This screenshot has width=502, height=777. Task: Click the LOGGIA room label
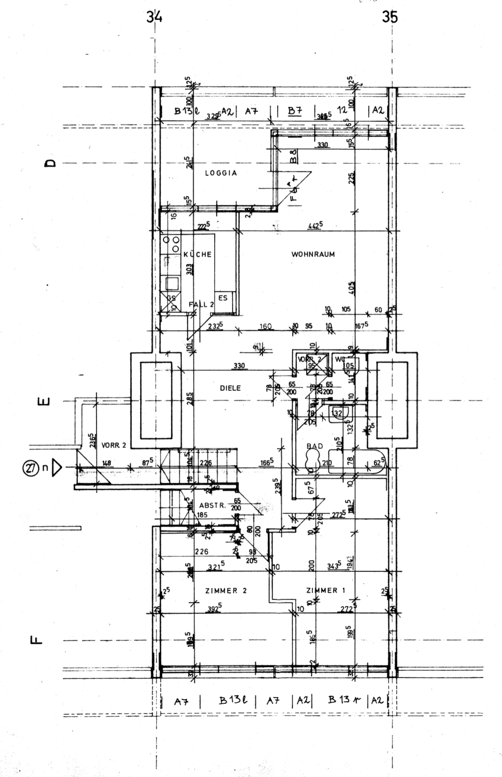220,173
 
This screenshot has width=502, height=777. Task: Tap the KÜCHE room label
197,254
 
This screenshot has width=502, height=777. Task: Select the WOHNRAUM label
313,254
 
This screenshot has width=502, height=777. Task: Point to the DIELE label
230,388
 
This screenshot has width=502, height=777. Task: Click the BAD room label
315,446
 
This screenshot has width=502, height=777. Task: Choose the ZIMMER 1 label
326,590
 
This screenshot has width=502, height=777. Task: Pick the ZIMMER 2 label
226,590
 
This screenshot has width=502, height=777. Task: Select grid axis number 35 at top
390,18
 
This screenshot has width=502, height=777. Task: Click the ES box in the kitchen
223,299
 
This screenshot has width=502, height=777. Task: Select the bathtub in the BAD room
357,464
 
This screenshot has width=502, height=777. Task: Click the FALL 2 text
201,304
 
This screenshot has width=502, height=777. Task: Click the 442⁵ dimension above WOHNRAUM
315,226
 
